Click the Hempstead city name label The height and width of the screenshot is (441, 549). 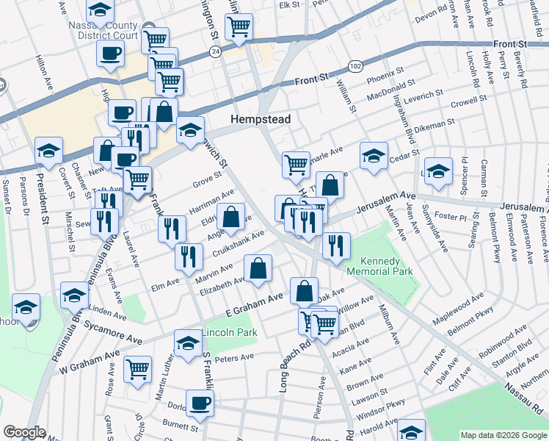(x=260, y=119)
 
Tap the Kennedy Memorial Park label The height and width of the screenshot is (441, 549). (x=386, y=266)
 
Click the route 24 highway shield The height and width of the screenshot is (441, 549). (x=214, y=51)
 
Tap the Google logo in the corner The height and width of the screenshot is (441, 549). (x=24, y=432)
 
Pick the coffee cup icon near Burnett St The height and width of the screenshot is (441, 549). (x=199, y=402)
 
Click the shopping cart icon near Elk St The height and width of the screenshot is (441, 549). (x=239, y=26)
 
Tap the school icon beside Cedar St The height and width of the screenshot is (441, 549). (x=374, y=156)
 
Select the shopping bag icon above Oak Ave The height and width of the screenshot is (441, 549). (x=304, y=290)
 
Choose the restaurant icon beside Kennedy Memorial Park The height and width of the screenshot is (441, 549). (x=336, y=245)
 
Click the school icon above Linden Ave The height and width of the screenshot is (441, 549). (x=74, y=295)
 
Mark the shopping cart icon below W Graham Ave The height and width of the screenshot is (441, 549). (x=137, y=370)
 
